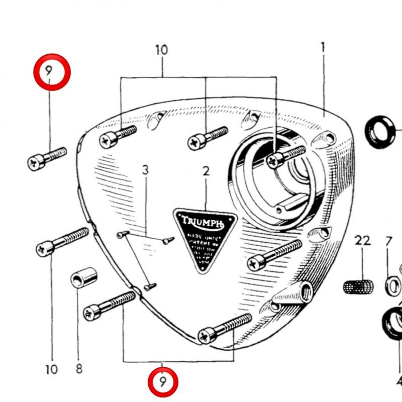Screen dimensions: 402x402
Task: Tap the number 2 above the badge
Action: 206,171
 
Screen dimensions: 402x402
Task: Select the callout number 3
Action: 145,170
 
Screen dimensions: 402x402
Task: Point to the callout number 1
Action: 323,48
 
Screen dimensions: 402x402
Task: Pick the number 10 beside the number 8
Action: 52,370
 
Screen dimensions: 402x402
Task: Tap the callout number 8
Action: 79,369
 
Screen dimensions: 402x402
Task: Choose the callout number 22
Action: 363,241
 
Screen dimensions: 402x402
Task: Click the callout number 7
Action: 388,241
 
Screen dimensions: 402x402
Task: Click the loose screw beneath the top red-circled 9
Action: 46,157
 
